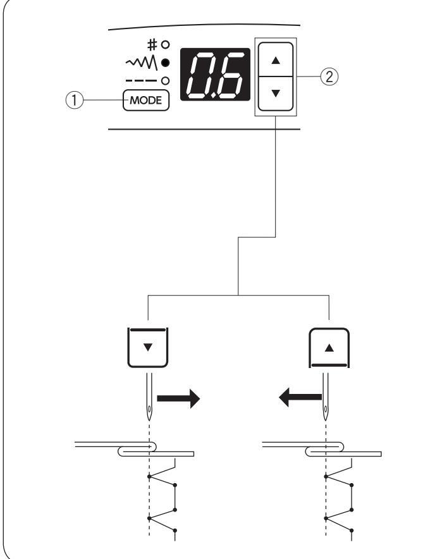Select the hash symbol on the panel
point(152,46)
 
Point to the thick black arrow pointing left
point(297,398)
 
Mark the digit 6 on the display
point(230,75)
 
